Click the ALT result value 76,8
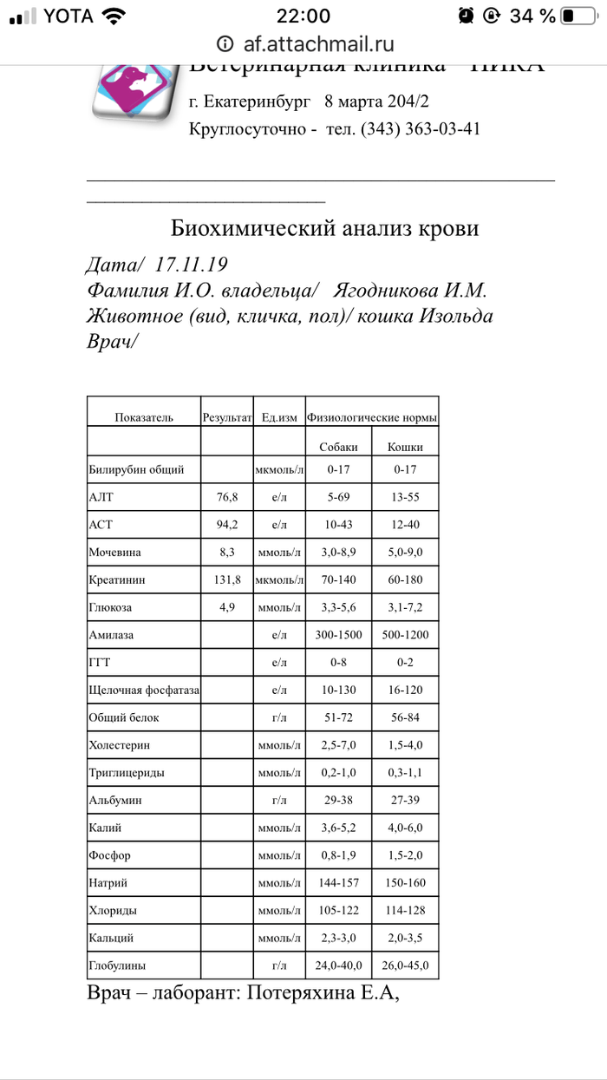pos(225,498)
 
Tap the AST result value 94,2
pos(225,525)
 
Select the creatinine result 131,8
pos(225,579)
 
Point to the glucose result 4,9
pos(225,607)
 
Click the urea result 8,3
pos(225,552)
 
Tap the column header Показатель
pos(144,417)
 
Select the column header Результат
pos(226,417)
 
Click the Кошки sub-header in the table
pos(405,448)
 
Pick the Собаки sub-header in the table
pos(338,448)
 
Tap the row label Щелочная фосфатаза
pos(144,691)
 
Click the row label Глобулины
pos(117,965)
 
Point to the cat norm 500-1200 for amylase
pos(405,635)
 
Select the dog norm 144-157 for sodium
pos(338,883)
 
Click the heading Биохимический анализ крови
pos(324,229)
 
